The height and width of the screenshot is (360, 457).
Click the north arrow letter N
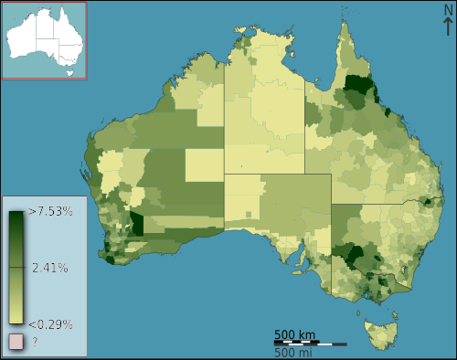pyautogui.click(x=446, y=10)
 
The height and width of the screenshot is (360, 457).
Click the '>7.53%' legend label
pyautogui.click(x=51, y=212)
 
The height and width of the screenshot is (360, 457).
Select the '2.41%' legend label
pyautogui.click(x=49, y=268)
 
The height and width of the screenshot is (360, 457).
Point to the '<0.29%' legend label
pyautogui.click(x=50, y=323)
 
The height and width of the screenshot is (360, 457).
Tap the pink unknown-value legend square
pyautogui.click(x=16, y=342)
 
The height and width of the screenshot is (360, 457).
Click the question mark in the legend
pyautogui.click(x=35, y=342)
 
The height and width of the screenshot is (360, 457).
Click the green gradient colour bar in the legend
pyautogui.click(x=16, y=268)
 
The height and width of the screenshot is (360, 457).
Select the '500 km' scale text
pyautogui.click(x=295, y=334)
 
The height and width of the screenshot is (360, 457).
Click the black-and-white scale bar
pyautogui.click(x=310, y=343)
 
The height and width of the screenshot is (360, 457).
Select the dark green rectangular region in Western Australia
pyautogui.click(x=137, y=224)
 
